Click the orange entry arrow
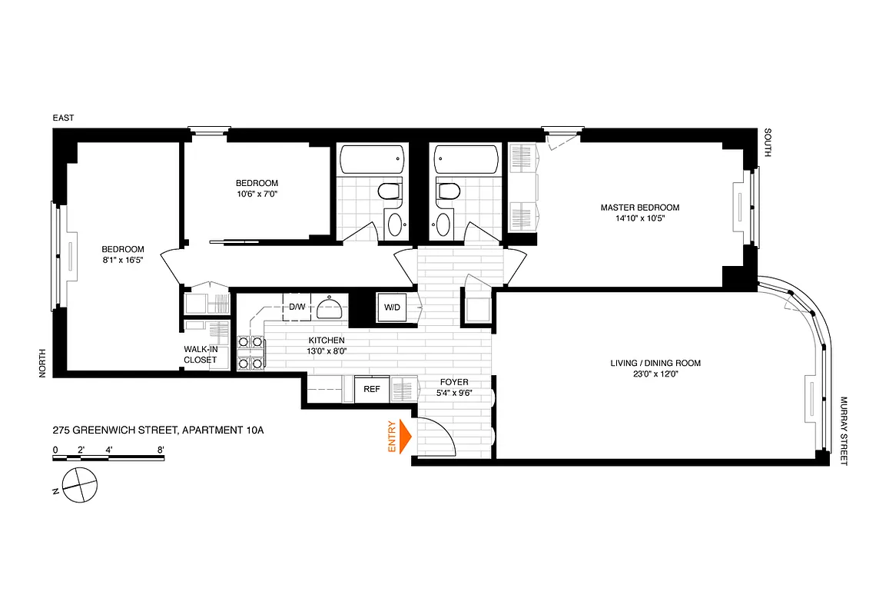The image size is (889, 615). [x=405, y=437]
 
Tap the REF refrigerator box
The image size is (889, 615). [x=372, y=390]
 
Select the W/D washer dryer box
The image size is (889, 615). [x=392, y=307]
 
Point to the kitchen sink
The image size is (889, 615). [x=329, y=306]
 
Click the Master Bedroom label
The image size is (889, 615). [x=639, y=208]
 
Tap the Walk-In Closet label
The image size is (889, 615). [x=200, y=354]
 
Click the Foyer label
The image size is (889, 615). [x=453, y=382]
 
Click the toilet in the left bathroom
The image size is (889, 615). [x=390, y=192]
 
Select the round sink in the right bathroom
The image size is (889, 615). [x=442, y=224]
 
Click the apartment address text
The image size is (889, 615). [x=158, y=430]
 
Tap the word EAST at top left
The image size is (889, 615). [x=63, y=118]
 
